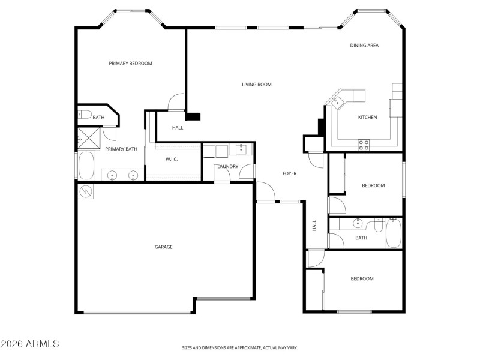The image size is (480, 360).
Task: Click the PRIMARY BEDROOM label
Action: tap(130, 64)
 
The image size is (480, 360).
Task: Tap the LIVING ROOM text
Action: tap(257, 85)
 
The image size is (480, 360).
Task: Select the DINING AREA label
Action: tap(364, 46)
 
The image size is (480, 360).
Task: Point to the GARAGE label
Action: tap(163, 247)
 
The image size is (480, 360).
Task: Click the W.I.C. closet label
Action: tap(172, 159)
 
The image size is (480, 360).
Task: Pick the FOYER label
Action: tap(290, 173)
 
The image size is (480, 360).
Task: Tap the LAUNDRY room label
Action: tap(227, 166)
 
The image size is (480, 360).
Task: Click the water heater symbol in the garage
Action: tap(85, 191)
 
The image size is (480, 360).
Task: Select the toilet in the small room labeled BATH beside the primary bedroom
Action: tap(84, 115)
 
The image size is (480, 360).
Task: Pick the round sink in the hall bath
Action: tap(358, 224)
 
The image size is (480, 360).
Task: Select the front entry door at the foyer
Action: tap(265, 193)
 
